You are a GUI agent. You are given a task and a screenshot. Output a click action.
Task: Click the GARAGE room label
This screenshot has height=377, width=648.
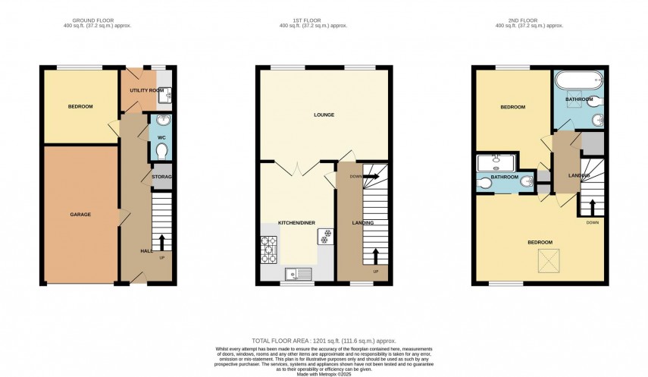click(81, 215)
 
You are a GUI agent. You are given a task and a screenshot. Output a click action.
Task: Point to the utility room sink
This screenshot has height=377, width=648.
click(168, 95)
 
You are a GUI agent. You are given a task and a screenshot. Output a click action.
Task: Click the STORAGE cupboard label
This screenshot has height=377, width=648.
click(162, 177)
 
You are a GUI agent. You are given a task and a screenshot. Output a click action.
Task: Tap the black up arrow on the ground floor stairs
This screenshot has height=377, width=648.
click(161, 241)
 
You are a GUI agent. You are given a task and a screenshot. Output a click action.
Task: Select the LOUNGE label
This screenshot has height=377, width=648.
click(324, 115)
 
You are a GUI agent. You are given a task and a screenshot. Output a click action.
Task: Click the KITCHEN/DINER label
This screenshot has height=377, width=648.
click(296, 222)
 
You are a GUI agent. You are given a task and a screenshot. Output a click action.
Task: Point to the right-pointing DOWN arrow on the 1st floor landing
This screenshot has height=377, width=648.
click(370, 176)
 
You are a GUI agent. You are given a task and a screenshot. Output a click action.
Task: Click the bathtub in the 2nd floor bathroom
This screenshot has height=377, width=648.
click(578, 79)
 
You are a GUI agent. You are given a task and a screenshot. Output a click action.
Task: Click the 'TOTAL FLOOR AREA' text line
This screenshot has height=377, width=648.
click(324, 341)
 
